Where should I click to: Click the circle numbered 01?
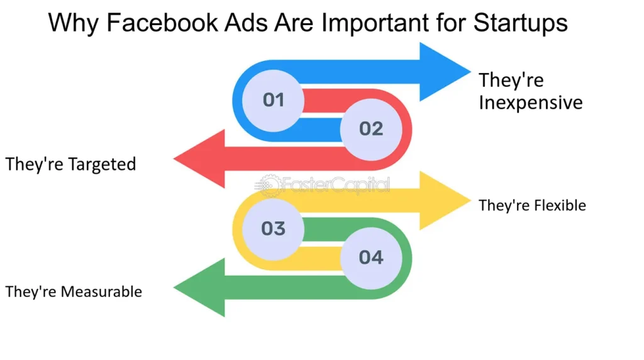pyautogui.click(x=274, y=99)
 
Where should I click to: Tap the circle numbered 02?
pyautogui.click(x=371, y=128)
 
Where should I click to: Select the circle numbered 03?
pyautogui.click(x=274, y=228)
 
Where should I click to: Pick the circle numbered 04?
pyautogui.click(x=371, y=257)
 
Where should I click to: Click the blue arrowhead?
pyautogui.click(x=443, y=71)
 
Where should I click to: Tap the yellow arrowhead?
pyautogui.click(x=443, y=200)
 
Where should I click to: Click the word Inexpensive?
pyautogui.click(x=531, y=103)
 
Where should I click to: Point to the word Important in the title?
pyautogui.click(x=379, y=23)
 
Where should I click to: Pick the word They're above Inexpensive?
pyautogui.click(x=511, y=81)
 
